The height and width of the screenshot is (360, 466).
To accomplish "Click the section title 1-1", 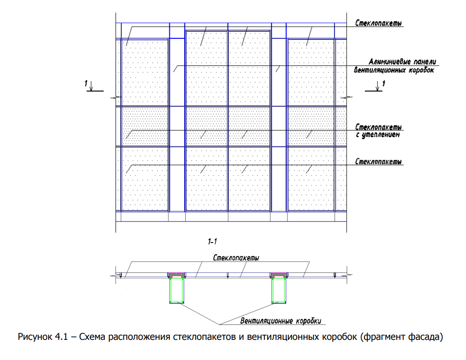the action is tap(212, 242).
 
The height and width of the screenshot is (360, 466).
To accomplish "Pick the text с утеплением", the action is tap(378, 135).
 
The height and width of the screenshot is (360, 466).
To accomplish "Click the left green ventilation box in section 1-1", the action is tap(176, 290).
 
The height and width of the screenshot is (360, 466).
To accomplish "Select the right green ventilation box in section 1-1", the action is tap(279, 290).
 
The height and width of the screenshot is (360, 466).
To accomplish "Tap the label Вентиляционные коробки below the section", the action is tap(281, 321).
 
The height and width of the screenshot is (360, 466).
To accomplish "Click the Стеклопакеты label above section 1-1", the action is tap(236, 258).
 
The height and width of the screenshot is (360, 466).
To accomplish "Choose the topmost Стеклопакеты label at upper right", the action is tap(379, 23).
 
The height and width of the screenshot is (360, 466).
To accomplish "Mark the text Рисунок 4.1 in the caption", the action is tap(43, 337).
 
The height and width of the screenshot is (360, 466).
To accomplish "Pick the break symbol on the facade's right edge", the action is tap(347, 97).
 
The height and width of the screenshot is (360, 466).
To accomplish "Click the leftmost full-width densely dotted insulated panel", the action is tap(145, 126).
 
